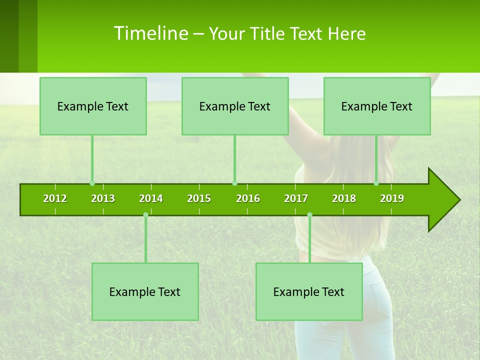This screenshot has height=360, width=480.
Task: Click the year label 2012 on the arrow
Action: (55, 198)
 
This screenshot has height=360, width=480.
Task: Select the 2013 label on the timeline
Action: (103, 198)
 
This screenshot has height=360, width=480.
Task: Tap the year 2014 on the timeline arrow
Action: (151, 198)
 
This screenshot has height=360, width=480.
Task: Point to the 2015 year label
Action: (199, 198)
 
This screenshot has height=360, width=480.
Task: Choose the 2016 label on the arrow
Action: (248, 198)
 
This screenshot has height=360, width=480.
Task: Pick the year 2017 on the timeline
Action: (296, 198)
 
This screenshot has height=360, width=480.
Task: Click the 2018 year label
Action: (344, 198)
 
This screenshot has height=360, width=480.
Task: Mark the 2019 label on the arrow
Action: (392, 198)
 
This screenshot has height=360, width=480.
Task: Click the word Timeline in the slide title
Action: (150, 33)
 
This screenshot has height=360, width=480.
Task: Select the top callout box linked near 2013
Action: (93, 106)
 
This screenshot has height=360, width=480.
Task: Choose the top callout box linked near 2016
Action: (235, 106)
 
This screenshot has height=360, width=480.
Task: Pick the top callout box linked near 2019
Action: (377, 106)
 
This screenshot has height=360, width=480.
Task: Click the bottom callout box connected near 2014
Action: (145, 291)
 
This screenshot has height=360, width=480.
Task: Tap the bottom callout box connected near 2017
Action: (309, 291)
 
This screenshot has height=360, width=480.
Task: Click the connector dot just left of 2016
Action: (234, 183)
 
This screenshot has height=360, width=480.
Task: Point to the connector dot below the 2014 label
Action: (145, 215)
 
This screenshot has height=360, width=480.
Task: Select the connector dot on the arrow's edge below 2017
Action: (309, 215)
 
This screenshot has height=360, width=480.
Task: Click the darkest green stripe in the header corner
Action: (9, 36)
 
